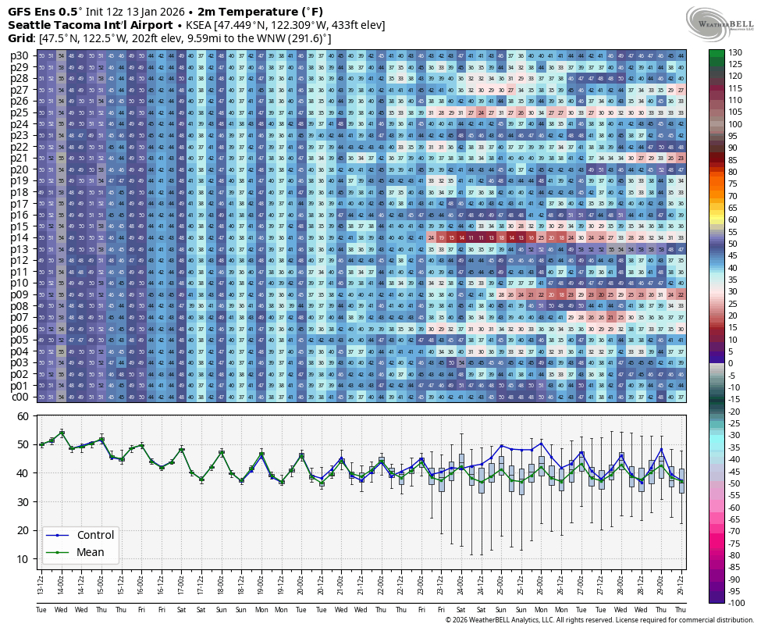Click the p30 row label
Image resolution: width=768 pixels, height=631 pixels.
pos(20,55)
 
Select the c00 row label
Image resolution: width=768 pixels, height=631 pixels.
pos(20,397)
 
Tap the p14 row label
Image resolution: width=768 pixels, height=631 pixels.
pos(20,237)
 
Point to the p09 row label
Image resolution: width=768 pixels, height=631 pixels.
pos(20,294)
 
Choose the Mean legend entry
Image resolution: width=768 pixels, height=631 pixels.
pos(90,552)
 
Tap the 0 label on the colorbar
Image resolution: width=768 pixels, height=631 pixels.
pos(731,363)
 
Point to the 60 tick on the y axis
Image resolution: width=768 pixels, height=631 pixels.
pos(23,416)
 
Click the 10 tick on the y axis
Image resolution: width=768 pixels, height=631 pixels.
pos(23,559)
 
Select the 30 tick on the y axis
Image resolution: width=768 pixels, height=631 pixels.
pos(23,502)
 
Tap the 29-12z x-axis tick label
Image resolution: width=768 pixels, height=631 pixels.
pos(681,581)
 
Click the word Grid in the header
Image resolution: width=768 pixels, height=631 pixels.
pos(20,38)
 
